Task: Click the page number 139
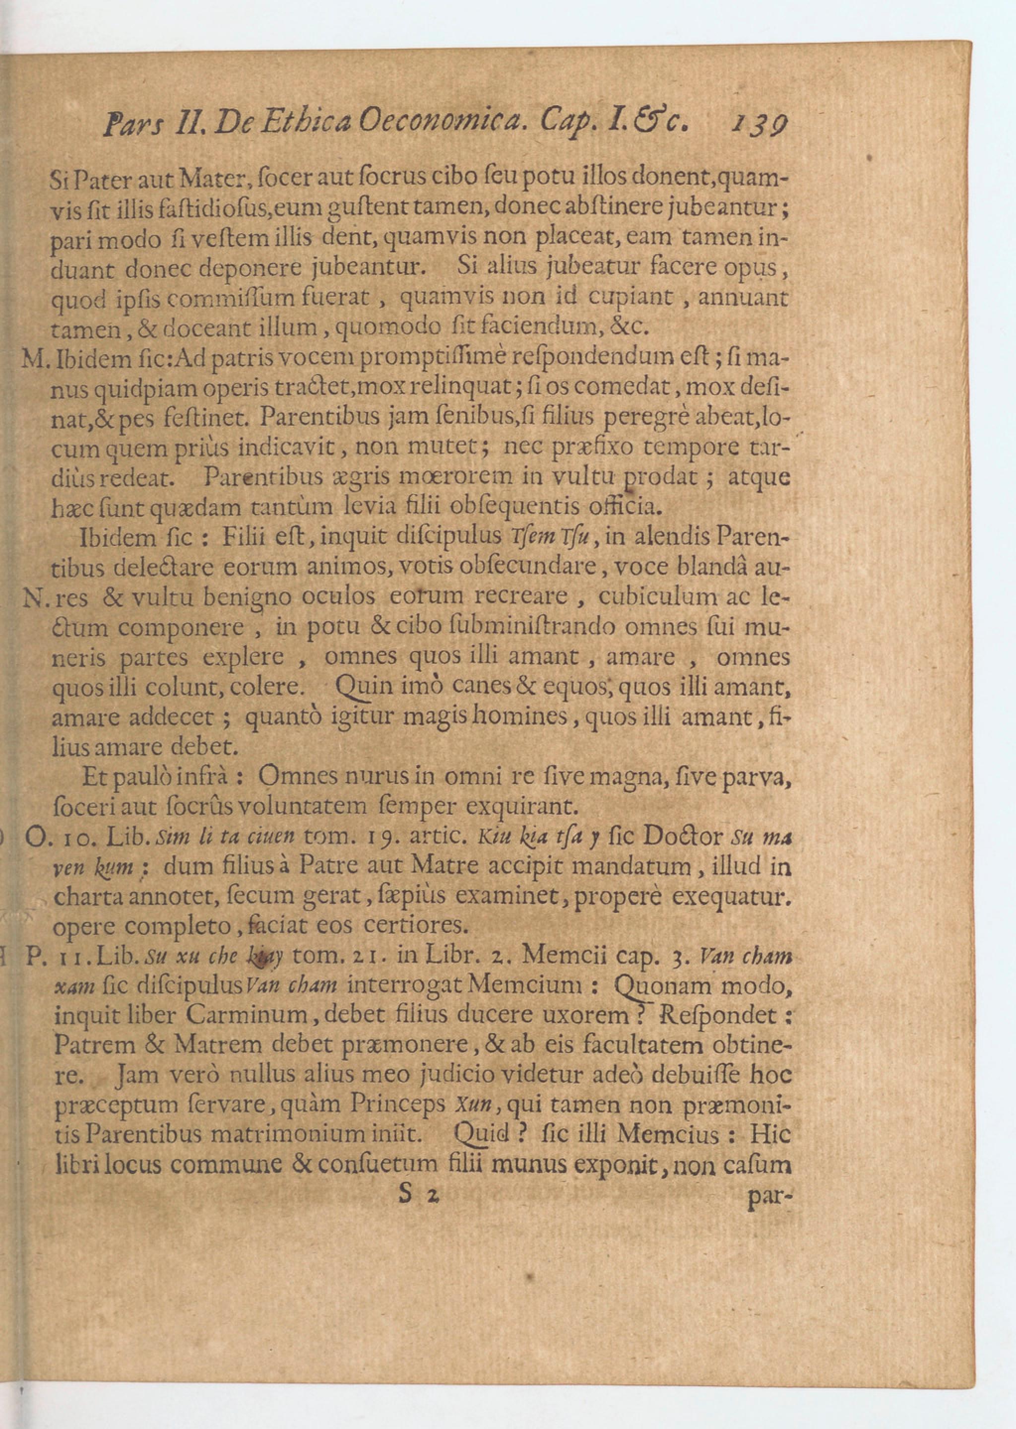(758, 125)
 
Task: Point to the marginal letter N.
(32, 599)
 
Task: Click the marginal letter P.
(34, 957)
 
